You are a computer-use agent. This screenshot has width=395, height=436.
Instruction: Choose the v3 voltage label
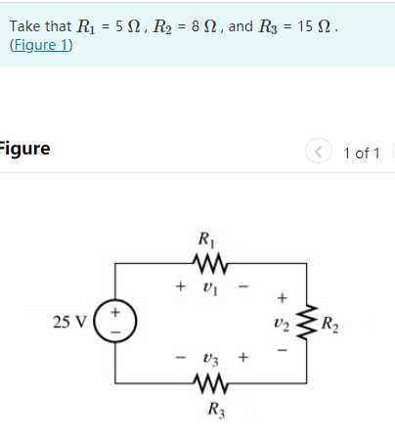pos(210,358)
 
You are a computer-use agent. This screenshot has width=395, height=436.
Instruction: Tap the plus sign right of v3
pos(244,358)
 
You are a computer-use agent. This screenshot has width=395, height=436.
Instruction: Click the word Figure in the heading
pos(24,149)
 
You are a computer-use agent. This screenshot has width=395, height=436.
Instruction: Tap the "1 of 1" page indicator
pos(362,153)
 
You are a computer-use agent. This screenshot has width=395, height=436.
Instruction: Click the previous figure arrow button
pos(319,152)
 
